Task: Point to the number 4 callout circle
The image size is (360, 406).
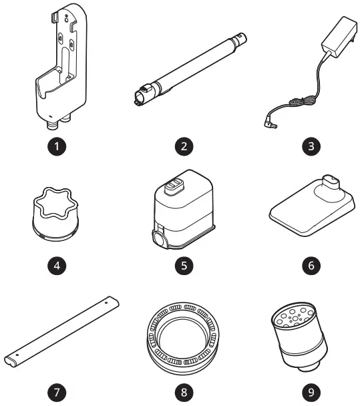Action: tap(61, 265)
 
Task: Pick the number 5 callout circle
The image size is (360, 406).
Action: tap(182, 265)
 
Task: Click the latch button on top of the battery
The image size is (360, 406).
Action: tap(173, 184)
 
